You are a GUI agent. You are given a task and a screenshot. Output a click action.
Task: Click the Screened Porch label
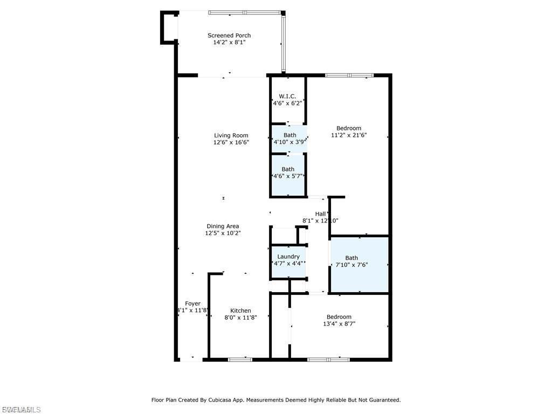click(x=229, y=36)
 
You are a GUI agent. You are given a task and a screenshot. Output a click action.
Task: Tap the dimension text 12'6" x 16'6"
click(x=231, y=143)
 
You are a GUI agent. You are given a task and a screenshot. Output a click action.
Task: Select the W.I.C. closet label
click(x=288, y=96)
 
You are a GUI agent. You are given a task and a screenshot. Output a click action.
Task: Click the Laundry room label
click(x=288, y=257)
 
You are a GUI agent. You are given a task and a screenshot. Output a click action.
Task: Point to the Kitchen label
click(x=240, y=310)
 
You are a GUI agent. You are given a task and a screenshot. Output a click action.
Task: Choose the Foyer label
click(x=192, y=303)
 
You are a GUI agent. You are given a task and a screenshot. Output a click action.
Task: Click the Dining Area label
click(x=223, y=226)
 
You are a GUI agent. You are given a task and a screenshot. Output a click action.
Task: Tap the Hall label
click(x=320, y=214)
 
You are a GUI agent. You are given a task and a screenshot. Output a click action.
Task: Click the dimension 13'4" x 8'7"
click(x=339, y=324)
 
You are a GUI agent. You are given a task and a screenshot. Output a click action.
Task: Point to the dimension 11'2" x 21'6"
click(x=348, y=135)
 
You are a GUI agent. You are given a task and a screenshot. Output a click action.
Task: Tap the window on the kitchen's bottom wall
click(x=240, y=359)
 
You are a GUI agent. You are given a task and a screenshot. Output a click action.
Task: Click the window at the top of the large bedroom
click(x=349, y=75)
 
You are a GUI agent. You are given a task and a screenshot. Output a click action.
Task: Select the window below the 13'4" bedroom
click(x=328, y=359)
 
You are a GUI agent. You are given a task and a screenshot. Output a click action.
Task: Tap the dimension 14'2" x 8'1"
click(x=229, y=43)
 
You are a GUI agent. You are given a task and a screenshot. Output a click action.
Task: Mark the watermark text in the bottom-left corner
click(x=20, y=410)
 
